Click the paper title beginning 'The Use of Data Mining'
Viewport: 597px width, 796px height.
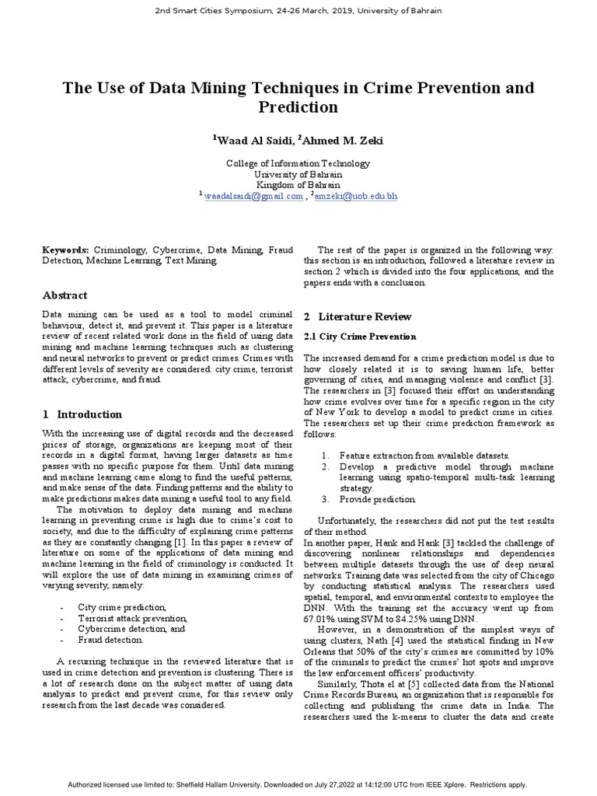click(298, 96)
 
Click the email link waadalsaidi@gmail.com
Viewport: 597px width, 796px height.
click(253, 197)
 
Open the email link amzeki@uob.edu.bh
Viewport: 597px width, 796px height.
click(356, 197)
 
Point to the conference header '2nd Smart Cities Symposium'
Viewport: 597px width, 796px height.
click(298, 11)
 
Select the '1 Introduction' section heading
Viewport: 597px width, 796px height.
click(82, 414)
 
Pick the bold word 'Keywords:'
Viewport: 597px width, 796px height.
click(66, 250)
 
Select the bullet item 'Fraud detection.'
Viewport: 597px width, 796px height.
click(110, 640)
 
